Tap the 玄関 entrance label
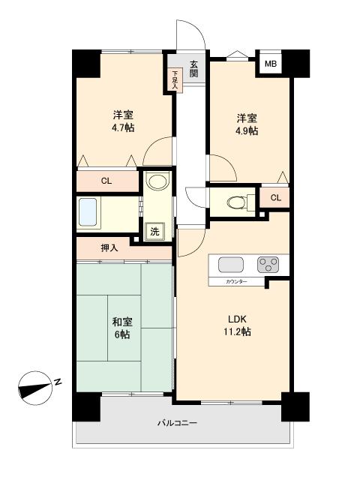(194, 68)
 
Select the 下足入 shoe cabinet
(175, 79)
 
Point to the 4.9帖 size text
(247, 130)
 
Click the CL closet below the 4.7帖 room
(106, 181)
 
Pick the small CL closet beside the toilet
(275, 198)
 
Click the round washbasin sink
(157, 181)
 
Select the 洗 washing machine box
(155, 232)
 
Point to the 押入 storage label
(109, 247)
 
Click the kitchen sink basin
(230, 265)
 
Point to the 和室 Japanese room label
(122, 321)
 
